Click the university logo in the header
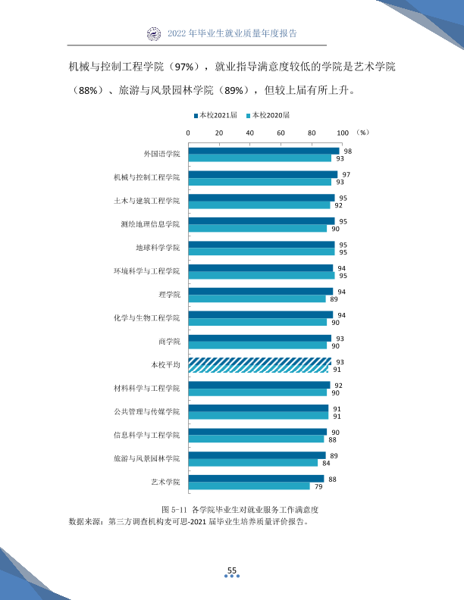pyautogui.click(x=154, y=33)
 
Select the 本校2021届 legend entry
pyautogui.click(x=215, y=115)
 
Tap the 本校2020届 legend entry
pyautogui.click(x=268, y=115)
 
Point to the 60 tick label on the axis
pyautogui.click(x=281, y=133)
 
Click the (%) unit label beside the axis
pyautogui.click(x=362, y=133)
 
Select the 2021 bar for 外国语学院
pyautogui.click(x=264, y=152)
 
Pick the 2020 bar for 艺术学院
pyautogui.click(x=249, y=486)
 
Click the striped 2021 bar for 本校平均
pyautogui.click(x=260, y=361)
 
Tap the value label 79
pyautogui.click(x=318, y=486)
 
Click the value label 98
pyautogui.click(x=347, y=152)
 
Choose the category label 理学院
pyautogui.click(x=169, y=295)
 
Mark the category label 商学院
pyautogui.click(x=169, y=342)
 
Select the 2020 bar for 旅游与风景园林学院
pyautogui.click(x=253, y=463)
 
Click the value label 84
pyautogui.click(x=326, y=463)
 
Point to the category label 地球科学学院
pyautogui.click(x=158, y=248)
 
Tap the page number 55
pyautogui.click(x=232, y=570)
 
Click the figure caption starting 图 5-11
pyautogui.click(x=240, y=510)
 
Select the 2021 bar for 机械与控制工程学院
pyautogui.click(x=263, y=174)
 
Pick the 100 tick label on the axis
pyautogui.click(x=343, y=133)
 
